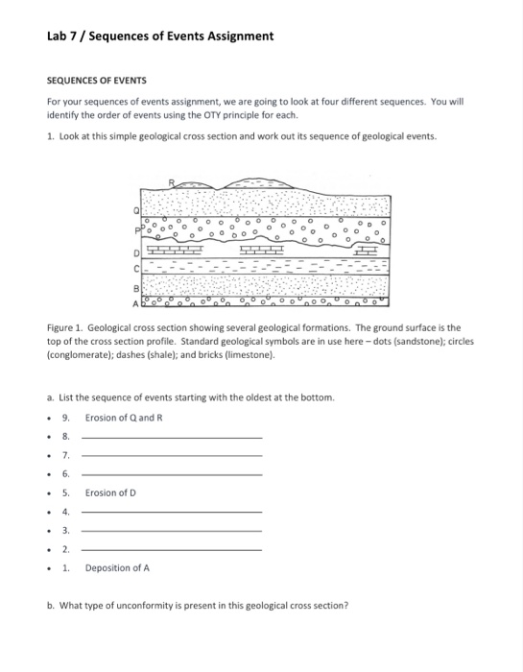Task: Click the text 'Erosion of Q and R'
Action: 125,418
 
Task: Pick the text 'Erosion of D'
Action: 110,492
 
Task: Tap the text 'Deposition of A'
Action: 117,567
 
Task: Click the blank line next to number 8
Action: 171,437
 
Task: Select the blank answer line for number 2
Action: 171,549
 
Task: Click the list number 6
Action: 65,474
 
